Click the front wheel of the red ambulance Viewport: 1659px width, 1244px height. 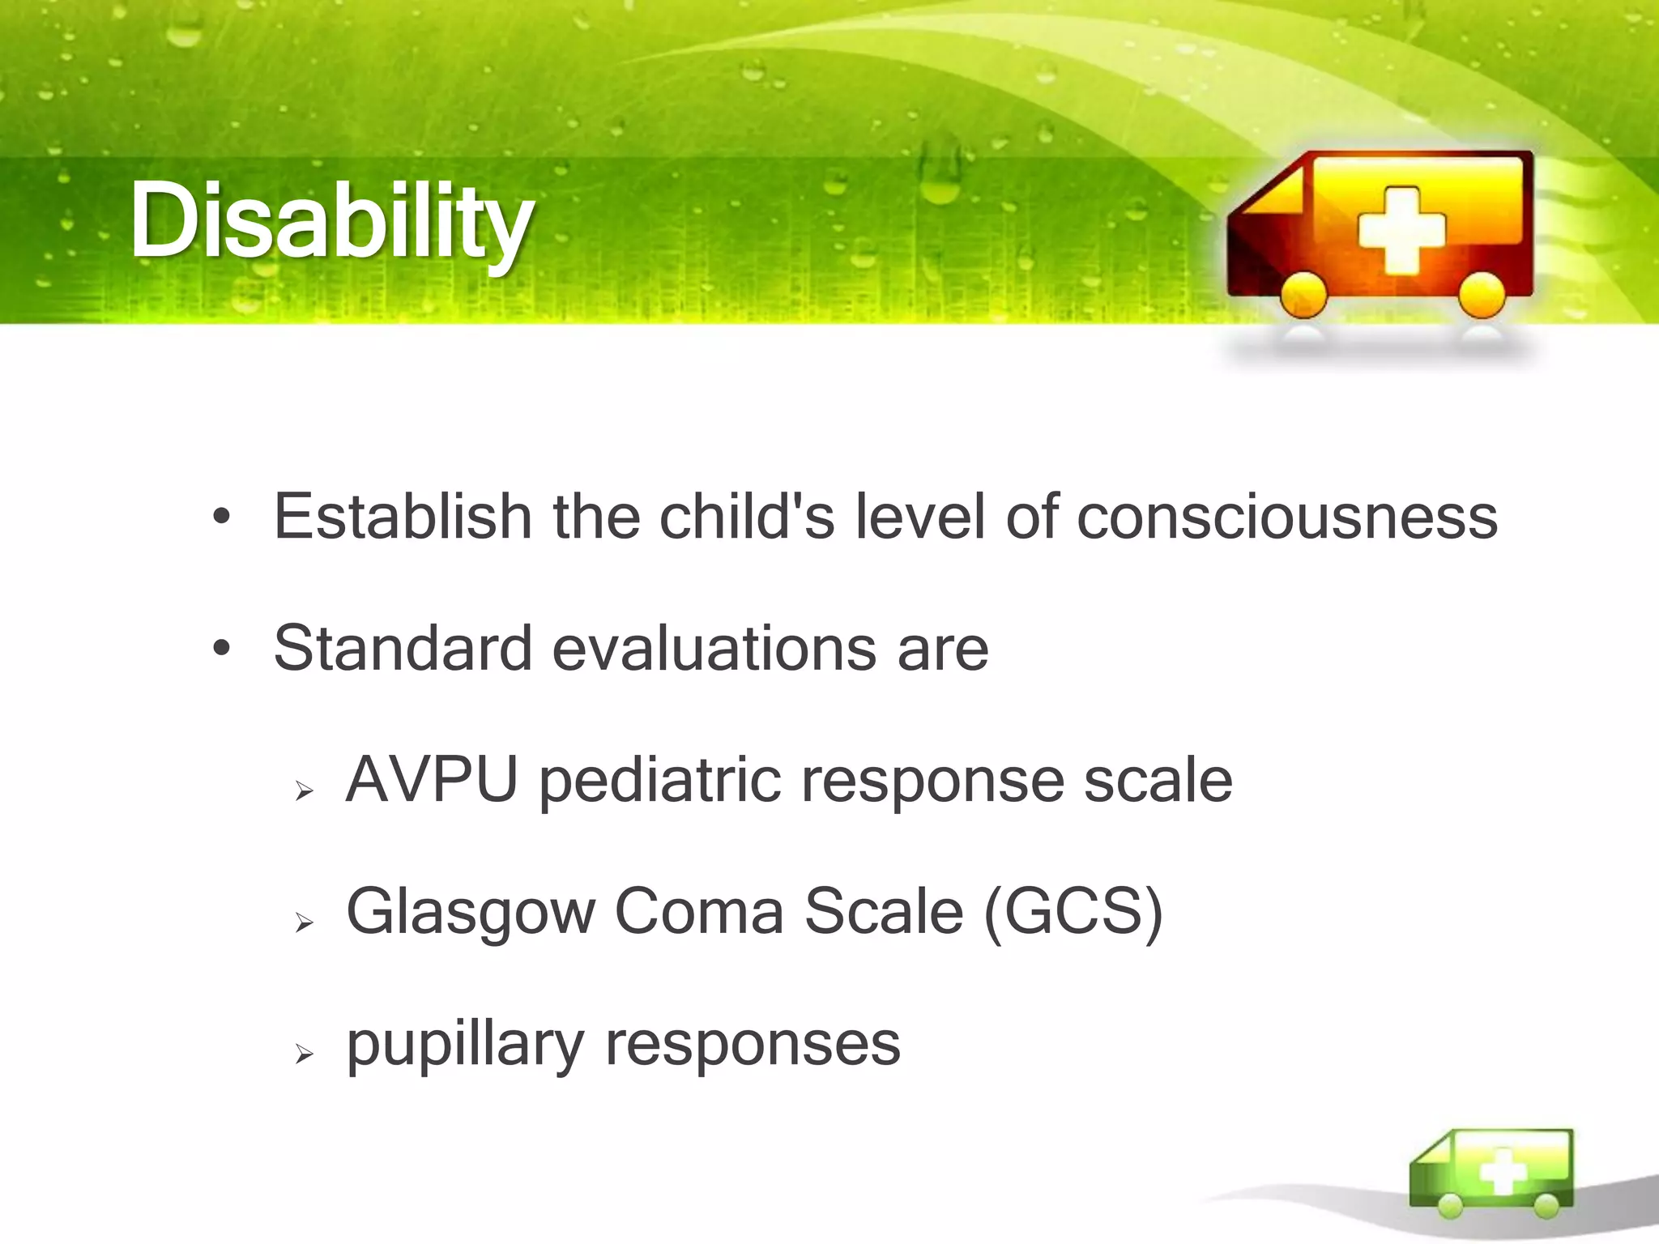(1303, 293)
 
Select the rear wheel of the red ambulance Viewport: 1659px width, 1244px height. (1482, 293)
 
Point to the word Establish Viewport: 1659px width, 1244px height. (402, 517)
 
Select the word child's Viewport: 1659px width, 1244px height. (746, 517)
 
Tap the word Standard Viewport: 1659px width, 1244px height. (402, 649)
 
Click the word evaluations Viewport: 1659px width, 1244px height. (714, 649)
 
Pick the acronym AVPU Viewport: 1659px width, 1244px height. (431, 780)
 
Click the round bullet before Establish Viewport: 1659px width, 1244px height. (221, 517)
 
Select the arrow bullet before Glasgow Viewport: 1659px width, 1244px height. (304, 922)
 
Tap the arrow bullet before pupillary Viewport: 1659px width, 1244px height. (304, 1054)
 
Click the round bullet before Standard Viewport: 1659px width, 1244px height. (221, 649)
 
